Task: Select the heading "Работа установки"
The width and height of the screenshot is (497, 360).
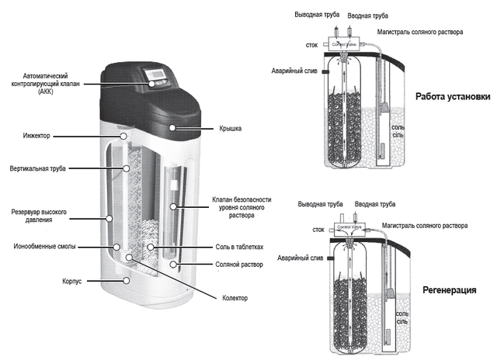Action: click(452, 97)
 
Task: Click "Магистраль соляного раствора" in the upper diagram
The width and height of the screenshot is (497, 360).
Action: click(419, 32)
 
